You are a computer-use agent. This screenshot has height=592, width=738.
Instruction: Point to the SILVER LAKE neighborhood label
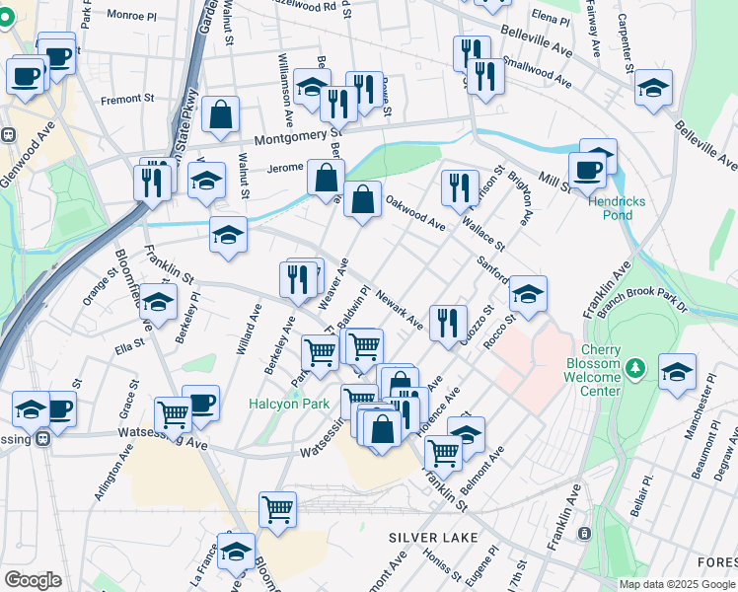click(433, 538)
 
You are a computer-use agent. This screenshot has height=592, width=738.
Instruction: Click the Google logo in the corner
click(33, 580)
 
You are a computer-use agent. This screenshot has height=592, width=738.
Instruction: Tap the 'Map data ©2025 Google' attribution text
click(678, 584)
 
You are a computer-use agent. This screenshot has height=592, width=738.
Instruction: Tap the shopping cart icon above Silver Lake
click(278, 508)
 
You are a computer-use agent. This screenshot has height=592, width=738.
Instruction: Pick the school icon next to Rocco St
click(528, 293)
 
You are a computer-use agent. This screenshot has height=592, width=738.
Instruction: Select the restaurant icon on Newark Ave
click(448, 320)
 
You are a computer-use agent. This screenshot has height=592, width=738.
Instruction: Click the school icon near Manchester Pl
click(677, 372)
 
